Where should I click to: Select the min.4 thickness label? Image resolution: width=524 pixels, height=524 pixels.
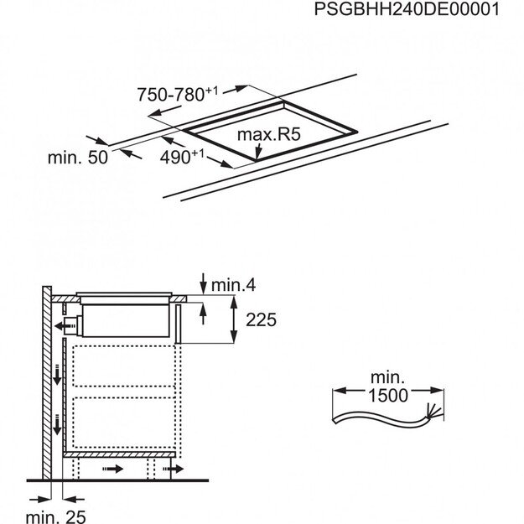[232, 286]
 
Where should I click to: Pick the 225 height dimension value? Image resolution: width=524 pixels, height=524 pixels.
[258, 320]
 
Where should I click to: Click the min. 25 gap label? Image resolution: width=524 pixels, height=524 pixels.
[54, 517]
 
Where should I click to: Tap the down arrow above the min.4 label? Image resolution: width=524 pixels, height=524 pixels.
[203, 279]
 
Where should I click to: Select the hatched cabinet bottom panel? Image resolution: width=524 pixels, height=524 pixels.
[122, 453]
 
